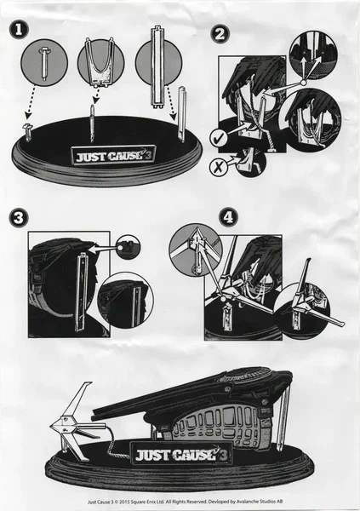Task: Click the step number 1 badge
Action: coord(18,30)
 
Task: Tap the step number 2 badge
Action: coord(220,34)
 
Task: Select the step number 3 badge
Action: coord(18,217)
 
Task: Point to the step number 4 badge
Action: coord(228,216)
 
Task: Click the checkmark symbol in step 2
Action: coord(220,137)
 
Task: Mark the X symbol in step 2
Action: coord(218,167)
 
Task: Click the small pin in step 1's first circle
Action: coord(44,63)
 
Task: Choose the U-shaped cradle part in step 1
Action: coord(101,62)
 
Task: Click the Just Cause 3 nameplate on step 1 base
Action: coord(113,156)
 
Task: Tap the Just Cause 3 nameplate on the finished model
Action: coord(180,454)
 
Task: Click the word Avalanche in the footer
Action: coord(249,502)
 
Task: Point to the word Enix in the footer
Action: coord(148,502)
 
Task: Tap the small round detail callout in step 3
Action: coord(128,247)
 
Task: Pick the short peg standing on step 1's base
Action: coord(26,131)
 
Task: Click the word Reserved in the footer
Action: coord(196,502)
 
